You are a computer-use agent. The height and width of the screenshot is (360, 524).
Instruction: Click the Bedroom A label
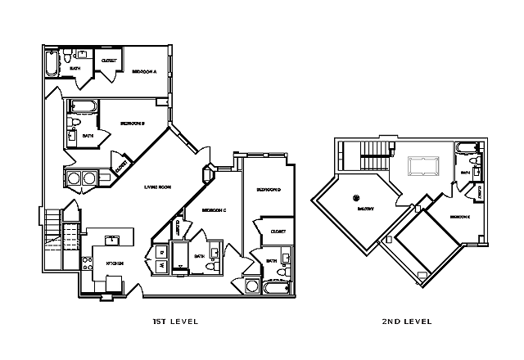[x=144, y=72]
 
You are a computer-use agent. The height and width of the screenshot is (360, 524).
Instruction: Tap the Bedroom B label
[x=133, y=124]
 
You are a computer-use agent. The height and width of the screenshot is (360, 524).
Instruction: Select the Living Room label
[x=157, y=187]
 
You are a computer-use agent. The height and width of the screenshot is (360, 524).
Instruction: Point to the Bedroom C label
[x=214, y=211]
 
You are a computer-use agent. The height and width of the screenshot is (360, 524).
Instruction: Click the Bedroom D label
[x=269, y=190]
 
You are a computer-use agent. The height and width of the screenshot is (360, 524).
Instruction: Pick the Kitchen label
[x=115, y=263]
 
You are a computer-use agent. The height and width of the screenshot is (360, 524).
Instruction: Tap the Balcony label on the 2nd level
[x=365, y=209]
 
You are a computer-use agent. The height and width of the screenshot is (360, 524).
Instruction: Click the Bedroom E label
[x=458, y=218]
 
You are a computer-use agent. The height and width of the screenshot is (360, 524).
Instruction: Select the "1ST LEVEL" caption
[x=176, y=322]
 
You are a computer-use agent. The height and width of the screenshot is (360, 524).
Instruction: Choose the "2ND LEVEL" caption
[x=406, y=322]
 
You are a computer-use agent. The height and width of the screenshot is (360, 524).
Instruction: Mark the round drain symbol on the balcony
[x=356, y=197]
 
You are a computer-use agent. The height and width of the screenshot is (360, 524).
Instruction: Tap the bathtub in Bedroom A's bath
[x=52, y=64]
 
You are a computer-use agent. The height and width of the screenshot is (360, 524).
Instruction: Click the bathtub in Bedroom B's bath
[x=83, y=106]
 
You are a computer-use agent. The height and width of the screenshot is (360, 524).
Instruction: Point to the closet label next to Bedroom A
[x=108, y=61]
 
